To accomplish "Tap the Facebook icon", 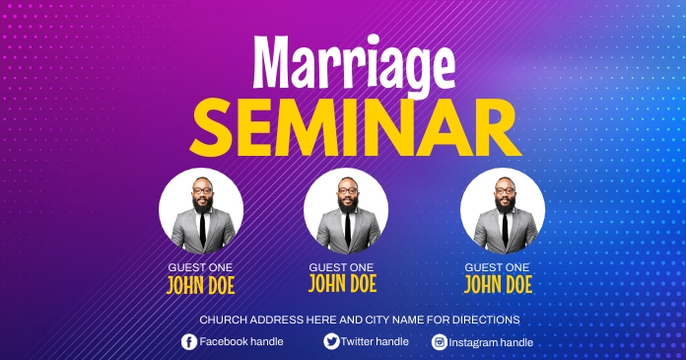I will pyautogui.click(x=189, y=341).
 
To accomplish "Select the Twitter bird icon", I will pyautogui.click(x=331, y=341).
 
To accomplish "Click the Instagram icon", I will pyautogui.click(x=440, y=342).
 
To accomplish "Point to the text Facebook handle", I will pyautogui.click(x=241, y=341).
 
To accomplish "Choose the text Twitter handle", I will pyautogui.click(x=375, y=341).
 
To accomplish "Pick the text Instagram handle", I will pyautogui.click(x=491, y=342).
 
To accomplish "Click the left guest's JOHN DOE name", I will pyautogui.click(x=201, y=286).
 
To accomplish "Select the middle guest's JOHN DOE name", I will pyautogui.click(x=342, y=284).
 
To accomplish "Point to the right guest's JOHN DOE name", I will pyautogui.click(x=498, y=285).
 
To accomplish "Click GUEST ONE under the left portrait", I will pyautogui.click(x=201, y=267).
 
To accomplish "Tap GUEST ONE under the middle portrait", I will pyautogui.click(x=342, y=267).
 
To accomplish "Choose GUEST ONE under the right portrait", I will pyautogui.click(x=498, y=267).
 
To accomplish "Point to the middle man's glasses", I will pyautogui.click(x=346, y=191).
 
